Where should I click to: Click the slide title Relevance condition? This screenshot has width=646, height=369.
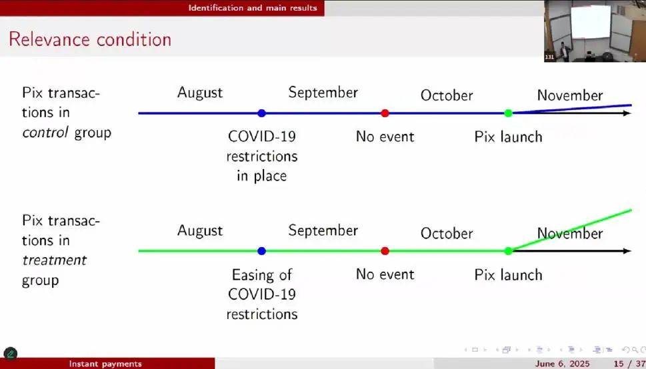[x=90, y=39]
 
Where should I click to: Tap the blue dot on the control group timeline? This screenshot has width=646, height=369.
[x=261, y=113]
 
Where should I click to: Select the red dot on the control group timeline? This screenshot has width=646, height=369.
[x=385, y=113]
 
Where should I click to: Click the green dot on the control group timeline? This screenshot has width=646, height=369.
[x=508, y=113]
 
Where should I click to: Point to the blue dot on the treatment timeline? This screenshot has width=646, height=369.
[x=261, y=251]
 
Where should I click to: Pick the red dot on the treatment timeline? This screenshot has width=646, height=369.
[x=385, y=251]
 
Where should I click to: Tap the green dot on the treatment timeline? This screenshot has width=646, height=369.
[x=508, y=251]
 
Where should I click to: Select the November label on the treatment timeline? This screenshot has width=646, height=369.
[x=570, y=234]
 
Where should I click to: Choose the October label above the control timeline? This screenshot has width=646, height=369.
[x=447, y=95]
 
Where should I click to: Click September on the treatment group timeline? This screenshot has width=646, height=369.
[x=323, y=231]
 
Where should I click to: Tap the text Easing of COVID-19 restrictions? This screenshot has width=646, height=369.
[x=262, y=294]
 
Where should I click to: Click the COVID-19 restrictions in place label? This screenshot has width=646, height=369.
[x=262, y=156]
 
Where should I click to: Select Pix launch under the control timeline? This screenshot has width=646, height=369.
[x=508, y=137]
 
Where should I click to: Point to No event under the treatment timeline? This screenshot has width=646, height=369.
[x=385, y=274]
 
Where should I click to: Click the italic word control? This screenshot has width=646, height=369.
[x=46, y=133]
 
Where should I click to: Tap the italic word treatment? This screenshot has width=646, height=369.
[x=54, y=260]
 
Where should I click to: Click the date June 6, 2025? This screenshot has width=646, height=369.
[x=562, y=364]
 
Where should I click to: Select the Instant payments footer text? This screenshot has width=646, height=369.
[x=105, y=364]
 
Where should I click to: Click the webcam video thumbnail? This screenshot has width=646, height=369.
[x=595, y=31]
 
